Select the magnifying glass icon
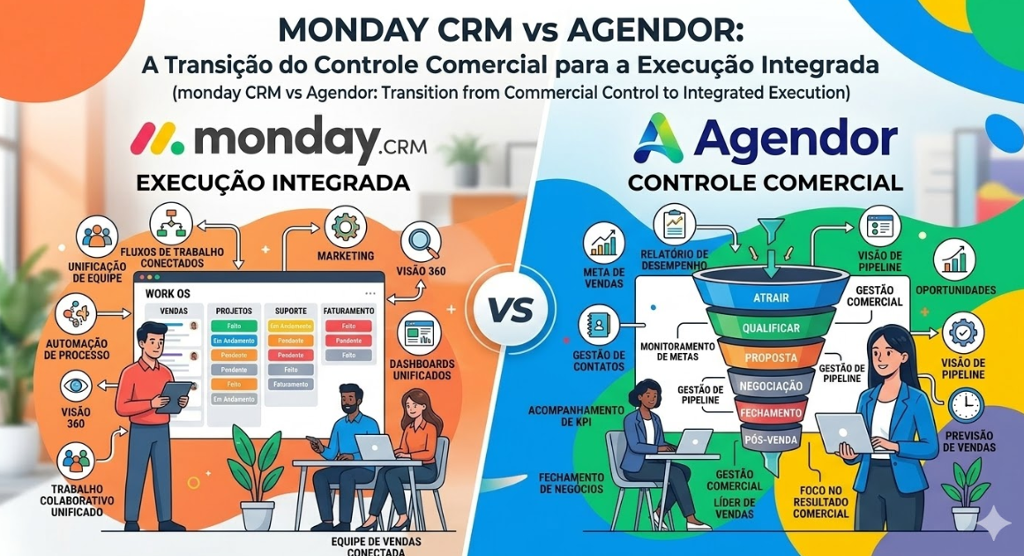click(x=420, y=241)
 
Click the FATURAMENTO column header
click(x=348, y=311)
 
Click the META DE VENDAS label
click(x=604, y=277)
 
